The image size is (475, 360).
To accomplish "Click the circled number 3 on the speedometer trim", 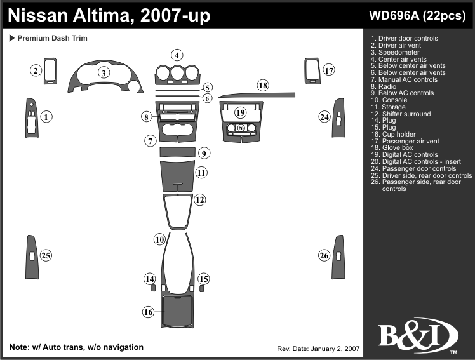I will coord(102,73).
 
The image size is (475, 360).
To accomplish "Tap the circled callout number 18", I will coord(263,85).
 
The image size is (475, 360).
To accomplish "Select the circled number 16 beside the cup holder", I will coord(148,311).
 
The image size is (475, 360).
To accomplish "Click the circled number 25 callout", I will coord(46,255).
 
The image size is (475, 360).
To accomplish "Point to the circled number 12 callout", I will coord(200,200).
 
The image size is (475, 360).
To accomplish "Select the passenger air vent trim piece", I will coord(311,70).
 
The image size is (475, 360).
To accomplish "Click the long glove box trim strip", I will coord(257,96).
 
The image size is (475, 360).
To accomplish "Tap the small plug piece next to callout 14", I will coord(154,288).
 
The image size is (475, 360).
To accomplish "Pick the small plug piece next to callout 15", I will coord(202,288).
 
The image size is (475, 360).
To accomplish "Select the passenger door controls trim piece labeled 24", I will coord(338,117).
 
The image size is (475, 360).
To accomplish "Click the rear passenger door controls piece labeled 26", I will coord(338,255).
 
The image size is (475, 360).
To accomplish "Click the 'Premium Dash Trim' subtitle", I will coord(52,39).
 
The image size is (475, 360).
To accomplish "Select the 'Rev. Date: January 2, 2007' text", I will coord(319,349).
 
